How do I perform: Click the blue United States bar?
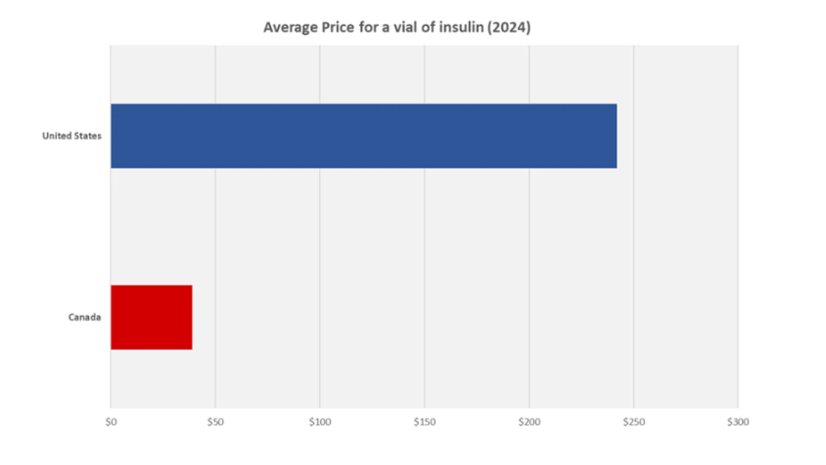coord(364,136)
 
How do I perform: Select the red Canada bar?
coord(151,317)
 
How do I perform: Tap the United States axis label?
coord(72,136)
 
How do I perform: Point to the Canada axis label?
coord(85,317)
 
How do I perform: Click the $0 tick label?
coord(111,422)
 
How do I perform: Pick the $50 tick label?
coord(215,422)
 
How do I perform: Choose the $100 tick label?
coord(320,422)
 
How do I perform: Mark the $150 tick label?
coord(425,422)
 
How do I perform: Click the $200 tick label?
coord(529,422)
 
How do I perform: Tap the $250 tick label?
coord(634,422)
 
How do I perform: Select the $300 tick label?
coord(738,422)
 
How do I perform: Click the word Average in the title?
coord(290,28)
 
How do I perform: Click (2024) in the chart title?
coord(509,28)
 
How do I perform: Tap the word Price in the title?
coord(338,27)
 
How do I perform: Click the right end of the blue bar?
coord(616,136)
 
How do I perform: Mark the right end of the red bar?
coord(192,317)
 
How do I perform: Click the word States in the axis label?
coord(87,136)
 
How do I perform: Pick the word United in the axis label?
coord(57,136)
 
